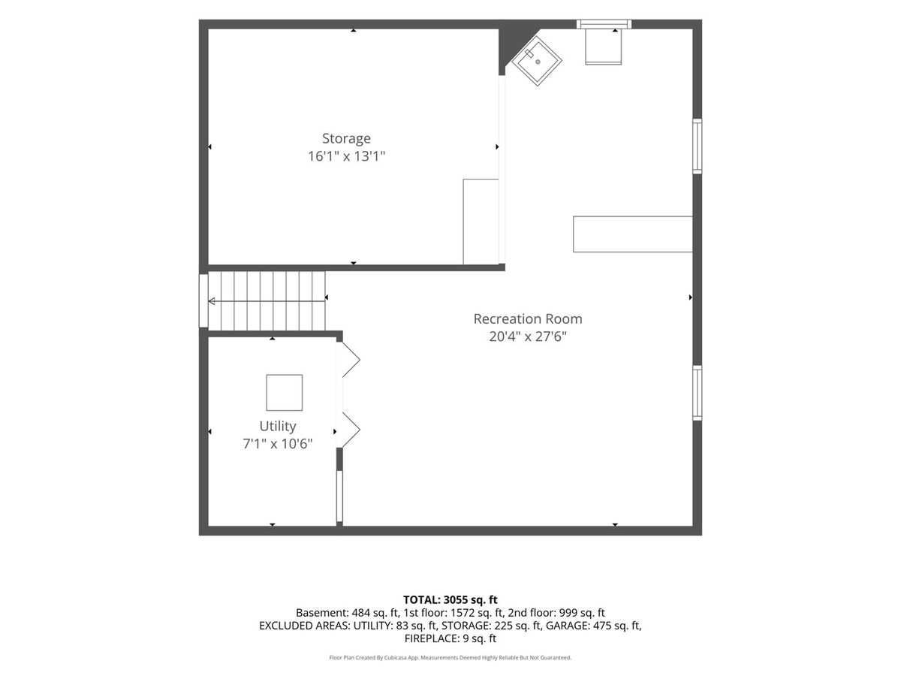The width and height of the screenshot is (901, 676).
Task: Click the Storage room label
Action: pos(346,139)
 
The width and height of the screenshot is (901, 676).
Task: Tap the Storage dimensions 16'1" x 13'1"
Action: pos(346,156)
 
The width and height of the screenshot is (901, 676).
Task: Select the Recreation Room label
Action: pos(528,319)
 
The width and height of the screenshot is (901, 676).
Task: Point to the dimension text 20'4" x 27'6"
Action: pos(528,337)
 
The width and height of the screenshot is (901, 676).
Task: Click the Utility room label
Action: pos(278,427)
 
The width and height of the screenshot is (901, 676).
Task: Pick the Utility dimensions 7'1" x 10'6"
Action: pos(278,444)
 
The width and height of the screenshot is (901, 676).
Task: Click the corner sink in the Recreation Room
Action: pos(538,61)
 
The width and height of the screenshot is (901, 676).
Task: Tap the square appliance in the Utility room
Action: pos(284,392)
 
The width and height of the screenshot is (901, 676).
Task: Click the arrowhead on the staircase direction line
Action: pos(212,302)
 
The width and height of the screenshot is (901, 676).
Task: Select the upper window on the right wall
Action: pos(697,146)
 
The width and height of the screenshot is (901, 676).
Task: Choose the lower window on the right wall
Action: pos(697,393)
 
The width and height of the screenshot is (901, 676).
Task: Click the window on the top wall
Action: pos(604,24)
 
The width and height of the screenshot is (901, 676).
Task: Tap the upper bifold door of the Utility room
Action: pos(348,360)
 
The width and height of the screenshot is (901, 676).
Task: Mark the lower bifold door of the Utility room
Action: pos(348,430)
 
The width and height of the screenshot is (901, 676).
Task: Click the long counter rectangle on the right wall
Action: pos(632,234)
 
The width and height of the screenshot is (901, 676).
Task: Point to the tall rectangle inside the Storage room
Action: pos(481,222)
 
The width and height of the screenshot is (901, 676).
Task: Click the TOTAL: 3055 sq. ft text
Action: pos(450,599)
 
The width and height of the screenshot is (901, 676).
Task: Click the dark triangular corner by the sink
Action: pos(513,43)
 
